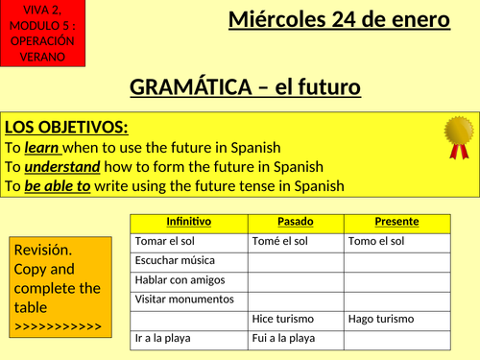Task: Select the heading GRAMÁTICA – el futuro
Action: point(245,87)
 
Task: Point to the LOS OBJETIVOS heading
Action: point(66,128)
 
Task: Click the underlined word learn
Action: point(42,147)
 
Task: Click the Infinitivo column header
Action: point(188,222)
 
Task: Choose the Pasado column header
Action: point(295,222)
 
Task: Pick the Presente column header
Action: point(396,222)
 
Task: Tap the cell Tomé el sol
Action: point(277,241)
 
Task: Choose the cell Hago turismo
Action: point(381,319)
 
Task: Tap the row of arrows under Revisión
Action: point(57,326)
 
